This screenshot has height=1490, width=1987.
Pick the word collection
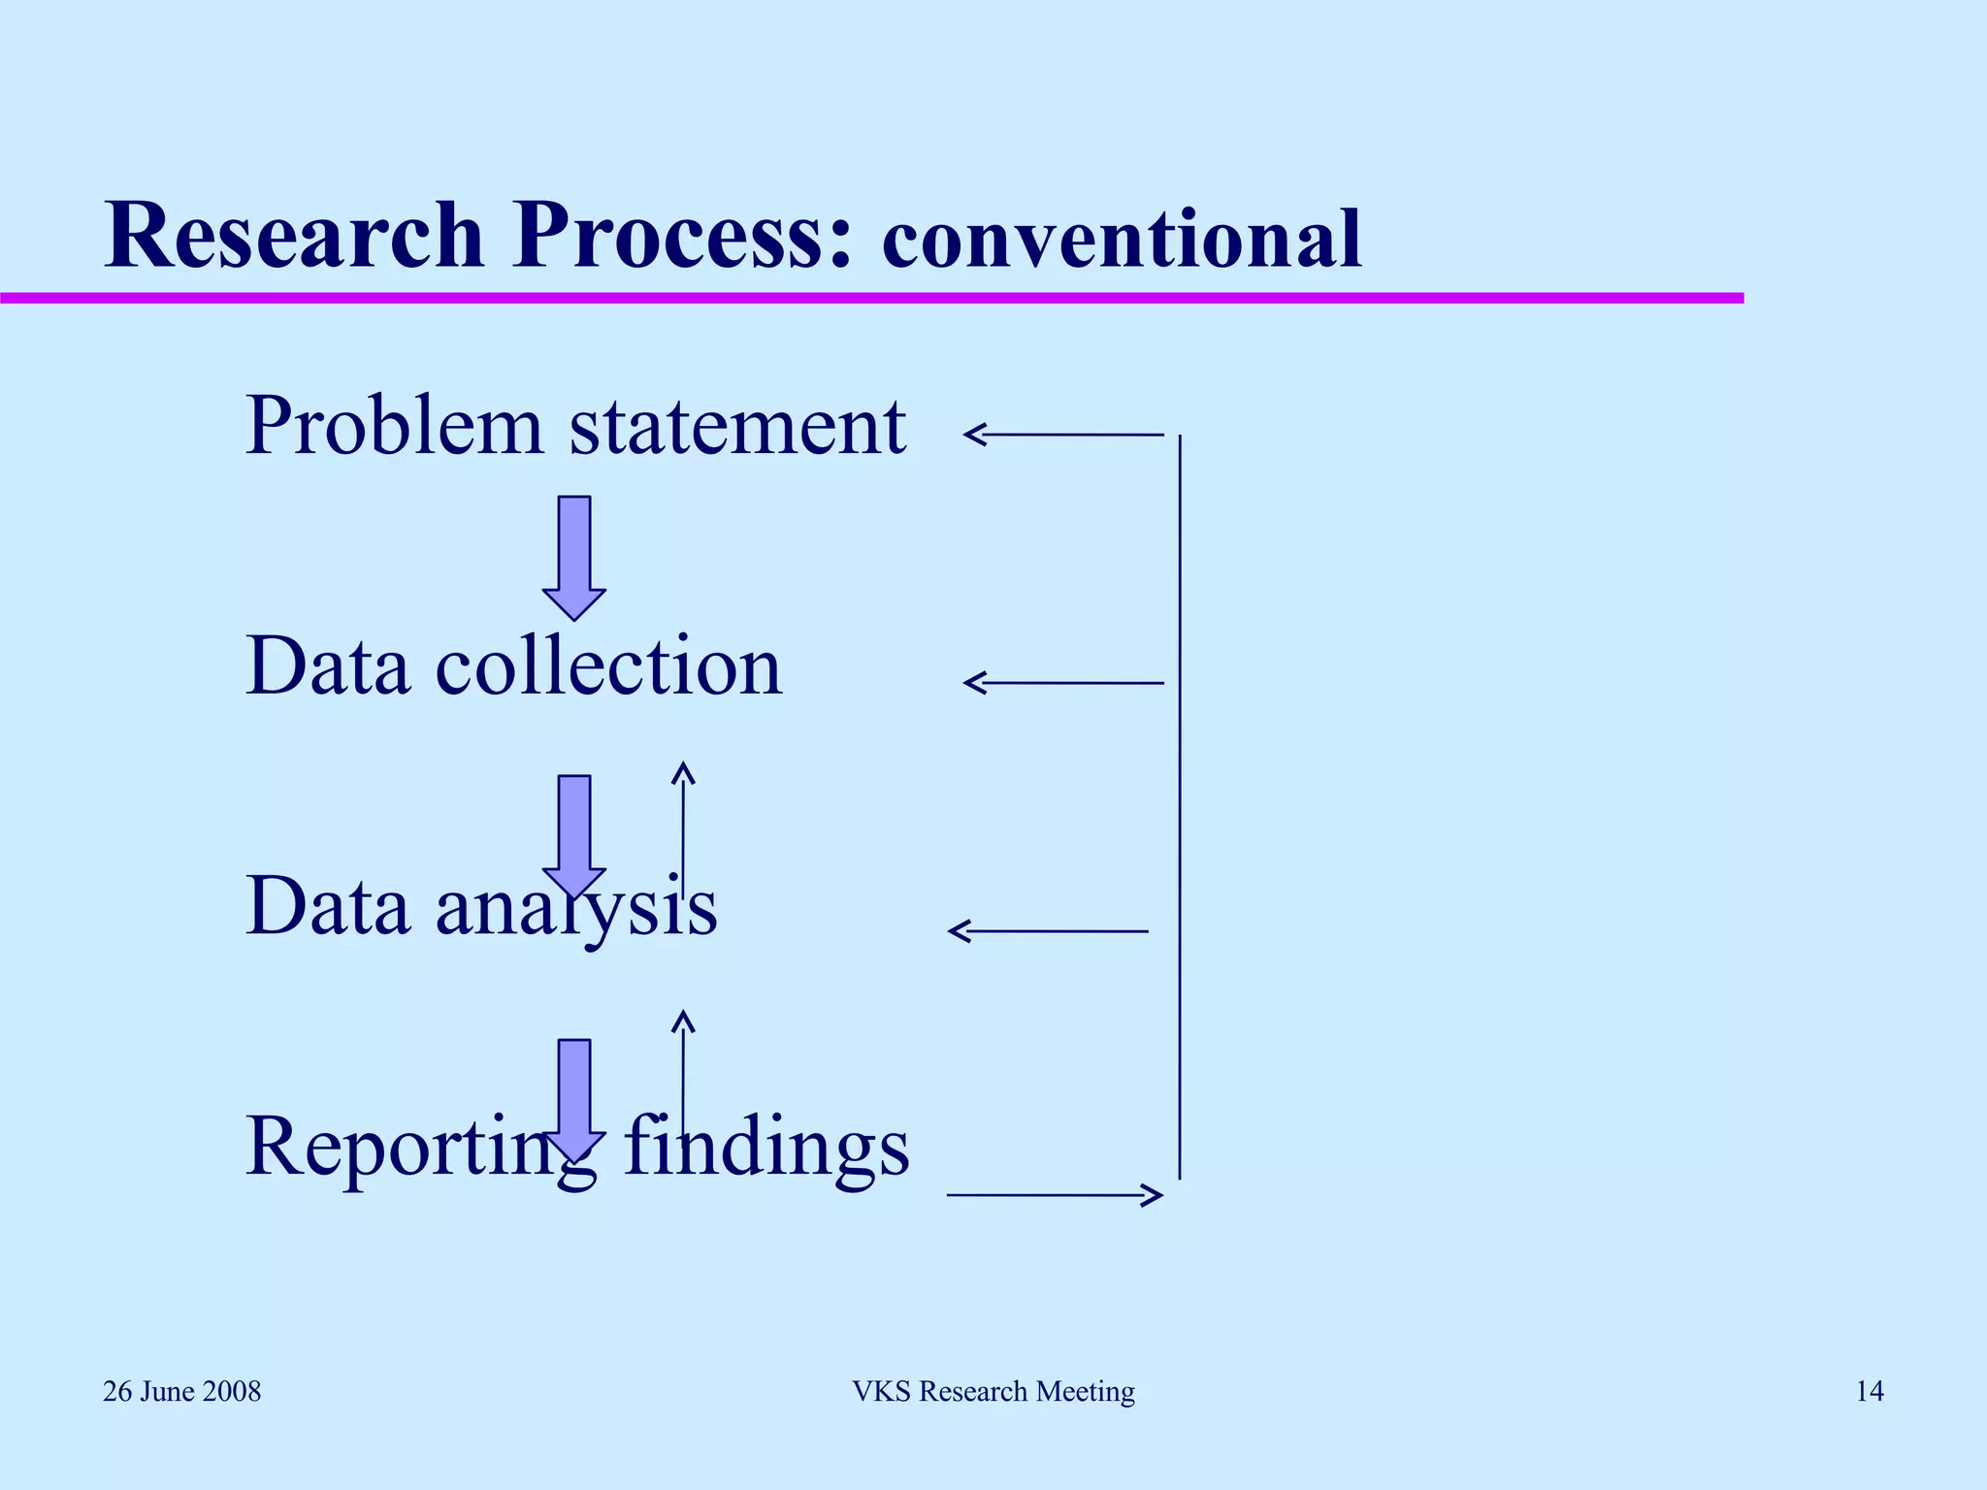608,666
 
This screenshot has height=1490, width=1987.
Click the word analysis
576,907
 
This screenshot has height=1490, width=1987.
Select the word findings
766,1146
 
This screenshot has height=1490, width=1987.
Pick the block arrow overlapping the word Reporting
574,1096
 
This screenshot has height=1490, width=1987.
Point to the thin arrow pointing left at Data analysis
1048,931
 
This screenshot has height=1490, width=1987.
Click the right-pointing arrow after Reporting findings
1055,1195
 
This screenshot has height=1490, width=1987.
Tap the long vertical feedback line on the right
1180,805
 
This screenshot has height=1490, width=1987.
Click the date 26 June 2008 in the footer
182,1392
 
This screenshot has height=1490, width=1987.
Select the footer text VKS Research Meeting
993,1392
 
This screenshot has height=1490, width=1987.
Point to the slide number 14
1870,1392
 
